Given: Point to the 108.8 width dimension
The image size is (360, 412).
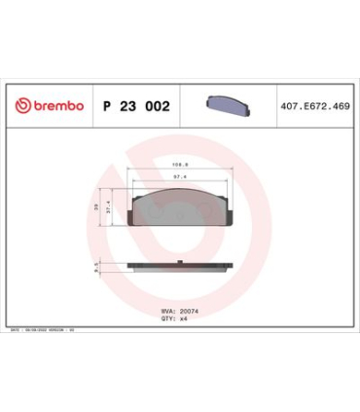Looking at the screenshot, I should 179,165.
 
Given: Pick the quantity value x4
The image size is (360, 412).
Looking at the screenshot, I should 179,318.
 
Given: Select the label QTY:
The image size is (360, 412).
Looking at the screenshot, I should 165,318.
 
